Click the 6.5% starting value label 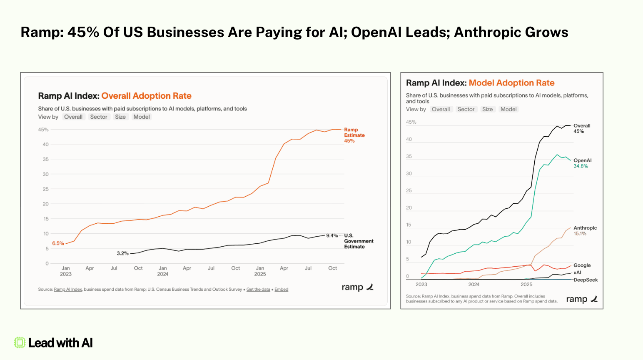click(58, 243)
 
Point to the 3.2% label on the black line click(122, 253)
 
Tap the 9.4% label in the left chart click(332, 235)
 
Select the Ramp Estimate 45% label click(354, 135)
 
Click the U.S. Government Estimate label click(359, 241)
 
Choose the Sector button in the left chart click(99, 117)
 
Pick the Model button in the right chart click(508, 109)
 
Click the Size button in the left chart click(120, 117)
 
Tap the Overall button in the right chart click(441, 109)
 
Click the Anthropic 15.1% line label click(585, 230)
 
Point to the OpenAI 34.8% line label click(582, 163)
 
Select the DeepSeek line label click(586, 280)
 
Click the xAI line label click(577, 272)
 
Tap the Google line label click(582, 265)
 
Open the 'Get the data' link click(258, 289)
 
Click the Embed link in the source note click(282, 289)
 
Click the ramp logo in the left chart click(357, 287)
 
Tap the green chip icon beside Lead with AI click(20, 342)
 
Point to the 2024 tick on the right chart click(474, 285)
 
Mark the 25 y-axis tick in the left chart click(45, 189)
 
